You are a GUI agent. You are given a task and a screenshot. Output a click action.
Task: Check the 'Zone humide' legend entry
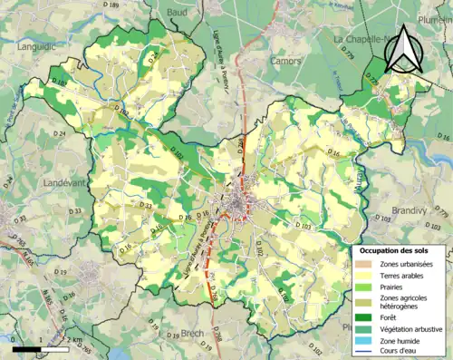400,341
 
